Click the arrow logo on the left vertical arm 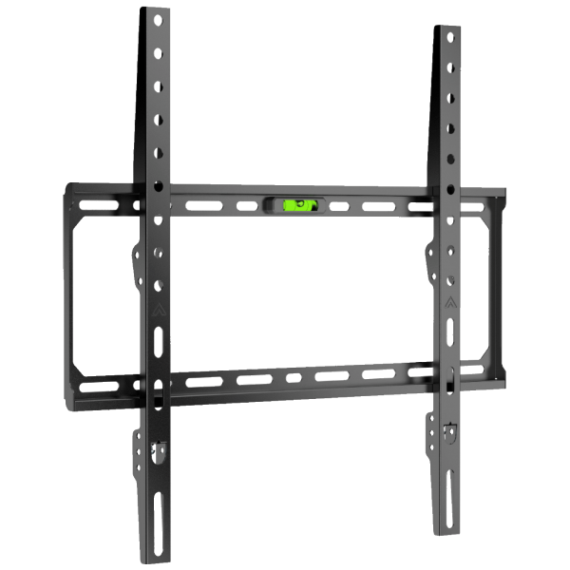(155, 308)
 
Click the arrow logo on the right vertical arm (448, 305)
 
